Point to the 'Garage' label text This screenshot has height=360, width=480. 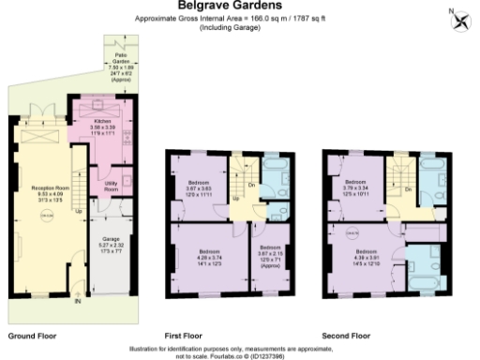point(111,238)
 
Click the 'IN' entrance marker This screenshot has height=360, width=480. point(78,302)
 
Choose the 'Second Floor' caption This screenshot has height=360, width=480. point(347,334)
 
